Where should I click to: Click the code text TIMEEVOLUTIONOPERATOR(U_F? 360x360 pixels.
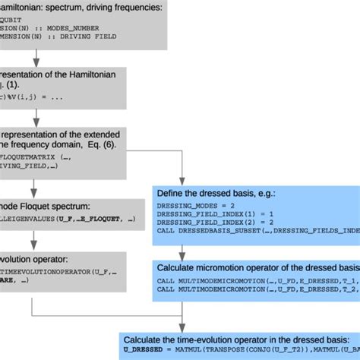point(53,271)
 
